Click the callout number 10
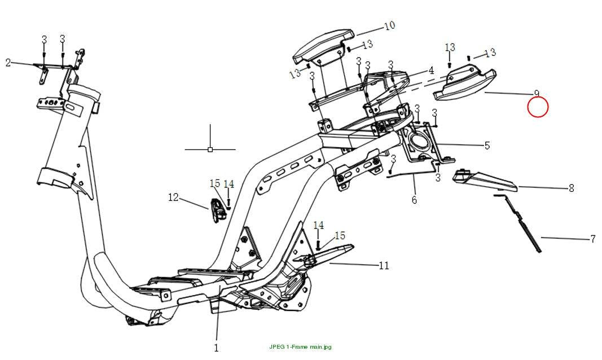coord(390,26)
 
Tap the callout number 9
coord(537,93)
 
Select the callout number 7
coord(593,239)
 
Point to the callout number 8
coord(572,188)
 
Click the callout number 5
coord(487,146)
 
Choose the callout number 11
coord(384,266)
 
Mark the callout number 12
coord(174,197)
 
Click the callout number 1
coord(216,348)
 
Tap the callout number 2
coord(8,62)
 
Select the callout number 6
coord(414,200)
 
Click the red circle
coord(538,107)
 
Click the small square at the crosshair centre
coord(210,150)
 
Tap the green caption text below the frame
coord(300,347)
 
